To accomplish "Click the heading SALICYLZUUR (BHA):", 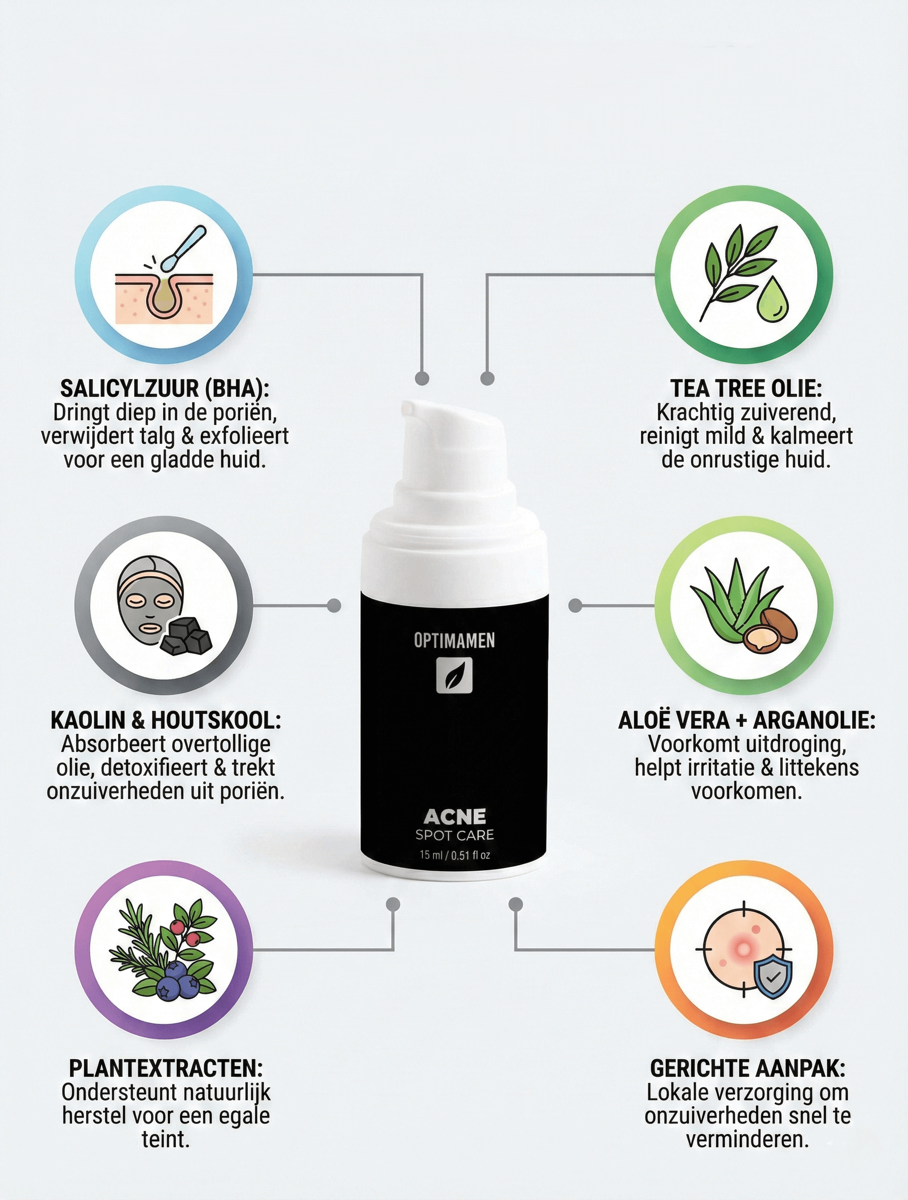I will point(164,389).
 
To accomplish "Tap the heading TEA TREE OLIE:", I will point(746,389).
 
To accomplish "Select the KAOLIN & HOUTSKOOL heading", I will point(165,721).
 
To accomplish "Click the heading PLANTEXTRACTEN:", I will point(165,1068).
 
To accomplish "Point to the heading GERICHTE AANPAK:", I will point(747,1068).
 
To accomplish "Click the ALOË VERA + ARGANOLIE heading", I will point(746,721).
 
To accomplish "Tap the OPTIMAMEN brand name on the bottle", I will point(454,641).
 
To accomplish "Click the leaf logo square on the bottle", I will point(454,676).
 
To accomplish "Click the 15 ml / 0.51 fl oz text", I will point(454,855).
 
